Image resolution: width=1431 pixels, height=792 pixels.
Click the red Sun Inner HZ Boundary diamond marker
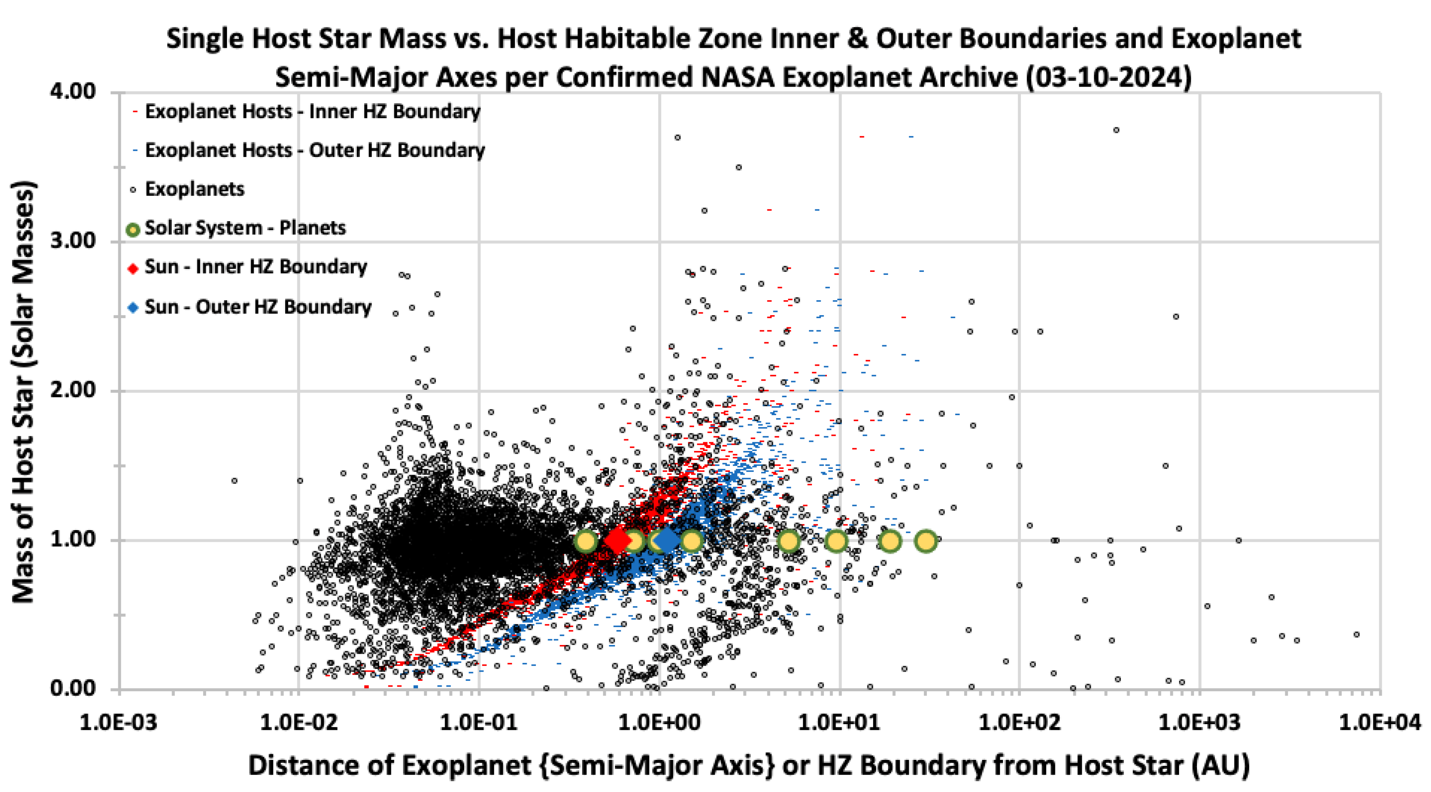[617, 540]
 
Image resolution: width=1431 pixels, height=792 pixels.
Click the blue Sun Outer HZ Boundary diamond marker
[667, 540]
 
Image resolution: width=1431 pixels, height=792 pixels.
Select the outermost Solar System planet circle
[926, 540]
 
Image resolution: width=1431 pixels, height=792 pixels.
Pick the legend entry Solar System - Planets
[244, 228]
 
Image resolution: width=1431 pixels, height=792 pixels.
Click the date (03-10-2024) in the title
[1108, 77]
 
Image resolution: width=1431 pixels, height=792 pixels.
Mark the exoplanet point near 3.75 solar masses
[1116, 130]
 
